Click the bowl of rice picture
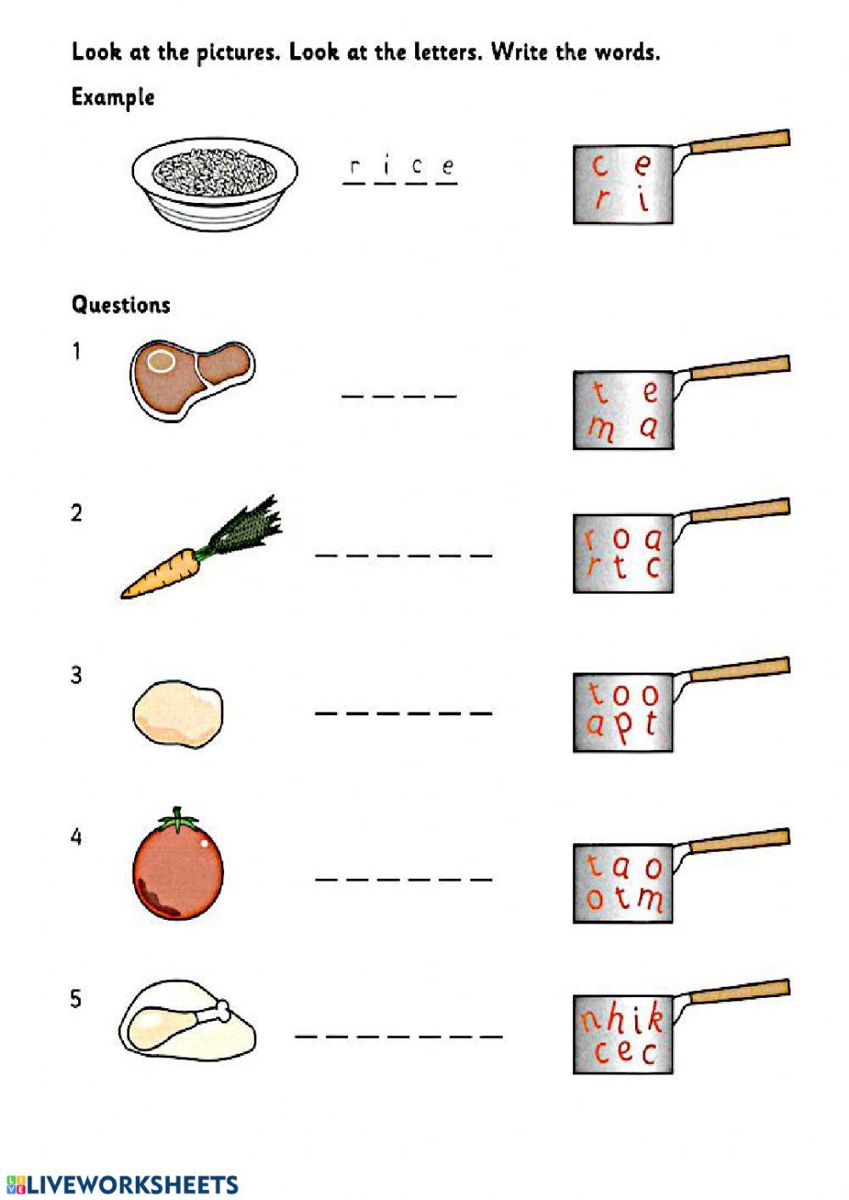[x=215, y=182]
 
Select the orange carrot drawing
[x=170, y=573]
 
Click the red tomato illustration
[x=178, y=870]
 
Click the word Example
[x=112, y=97]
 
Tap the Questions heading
[x=121, y=305]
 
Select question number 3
[x=76, y=675]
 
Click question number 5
[x=76, y=999]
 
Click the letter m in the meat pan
[x=601, y=429]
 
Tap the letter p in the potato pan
[x=623, y=727]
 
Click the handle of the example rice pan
[x=739, y=141]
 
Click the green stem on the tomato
[x=177, y=820]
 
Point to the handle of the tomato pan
[x=739, y=840]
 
